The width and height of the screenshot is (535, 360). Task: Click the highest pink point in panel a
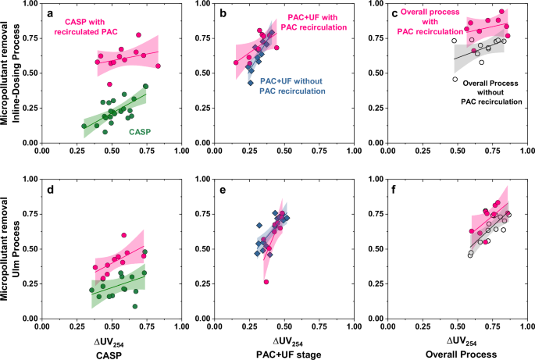(138, 35)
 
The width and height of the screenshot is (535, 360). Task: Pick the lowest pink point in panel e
(266, 282)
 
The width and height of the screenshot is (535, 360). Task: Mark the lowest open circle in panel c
(455, 79)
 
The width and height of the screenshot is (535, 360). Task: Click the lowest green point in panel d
(135, 307)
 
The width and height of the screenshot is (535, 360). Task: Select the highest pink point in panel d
(124, 235)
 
